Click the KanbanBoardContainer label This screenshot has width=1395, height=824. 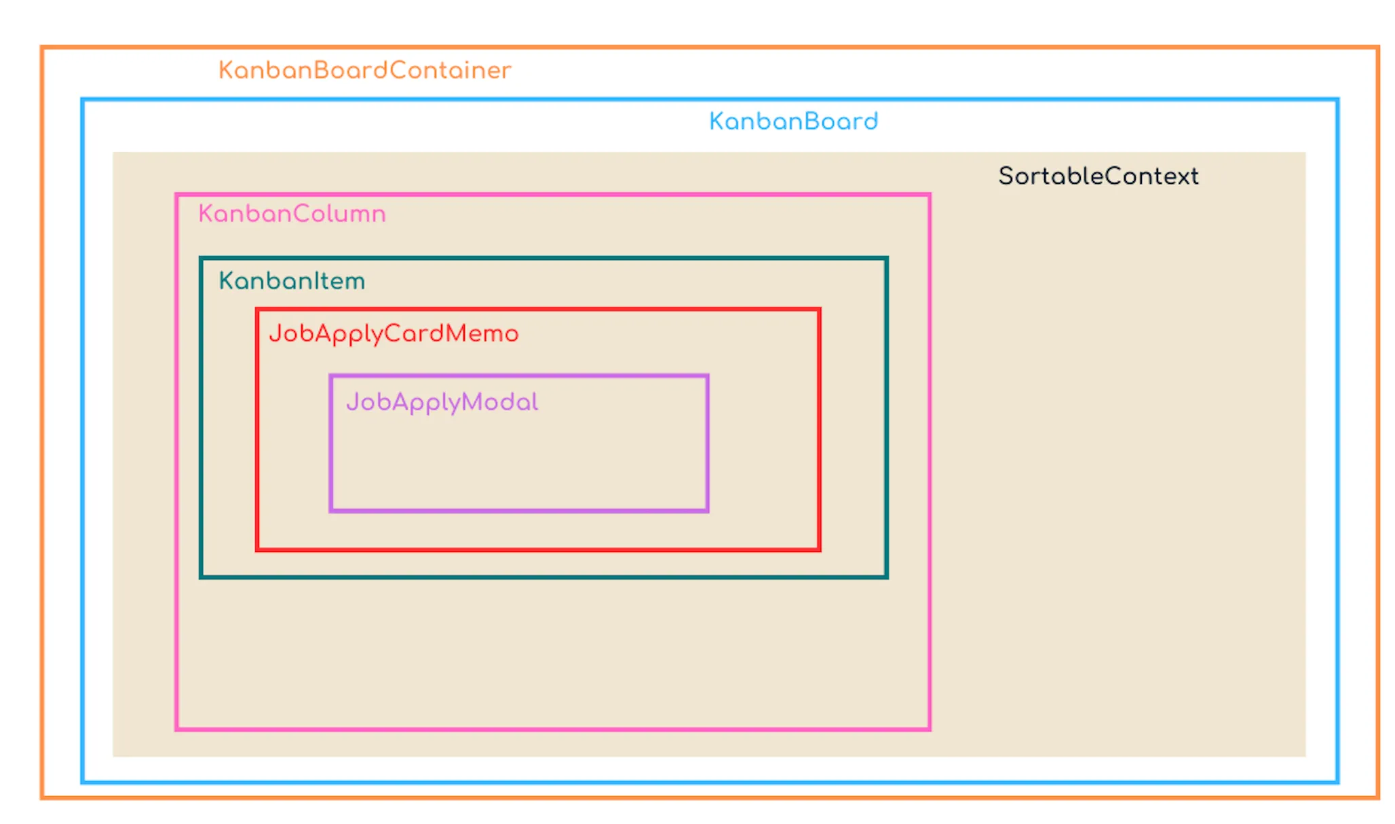[364, 70]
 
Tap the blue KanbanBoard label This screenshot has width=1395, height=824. [793, 121]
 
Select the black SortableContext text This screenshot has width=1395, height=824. [1098, 176]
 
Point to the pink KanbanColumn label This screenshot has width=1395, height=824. [292, 214]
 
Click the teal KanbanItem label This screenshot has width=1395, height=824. [292, 281]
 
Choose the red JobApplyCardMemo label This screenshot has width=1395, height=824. [394, 333]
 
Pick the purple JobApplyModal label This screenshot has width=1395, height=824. [442, 402]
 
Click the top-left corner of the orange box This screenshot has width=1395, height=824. [42, 48]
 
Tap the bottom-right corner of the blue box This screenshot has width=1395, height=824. [1337, 782]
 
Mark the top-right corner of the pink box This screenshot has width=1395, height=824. [929, 195]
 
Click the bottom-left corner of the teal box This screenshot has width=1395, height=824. [202, 577]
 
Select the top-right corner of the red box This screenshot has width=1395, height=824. [819, 310]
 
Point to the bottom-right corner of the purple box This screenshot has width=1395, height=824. [707, 510]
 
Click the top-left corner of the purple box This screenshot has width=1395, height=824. [331, 376]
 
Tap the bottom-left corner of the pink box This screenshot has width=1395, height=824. [176, 729]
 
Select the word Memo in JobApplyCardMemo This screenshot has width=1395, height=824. [482, 333]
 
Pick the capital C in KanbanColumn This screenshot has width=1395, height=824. [301, 214]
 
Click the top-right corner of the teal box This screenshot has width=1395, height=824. [886, 259]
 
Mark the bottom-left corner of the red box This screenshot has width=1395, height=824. [258, 548]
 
